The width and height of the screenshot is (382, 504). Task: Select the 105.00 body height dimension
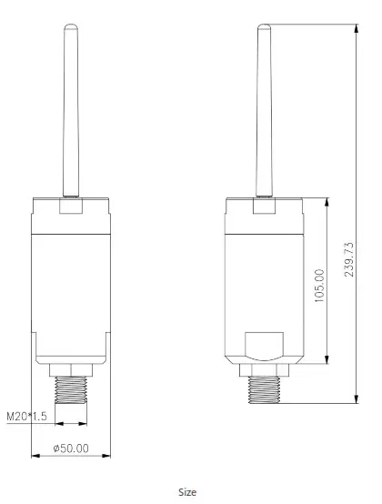click(318, 287)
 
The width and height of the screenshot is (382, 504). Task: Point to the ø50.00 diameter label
click(71, 448)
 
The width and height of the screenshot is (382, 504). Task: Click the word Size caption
click(186, 492)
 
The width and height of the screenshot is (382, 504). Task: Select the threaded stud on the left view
click(71, 389)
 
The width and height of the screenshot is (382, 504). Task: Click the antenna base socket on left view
click(69, 207)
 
